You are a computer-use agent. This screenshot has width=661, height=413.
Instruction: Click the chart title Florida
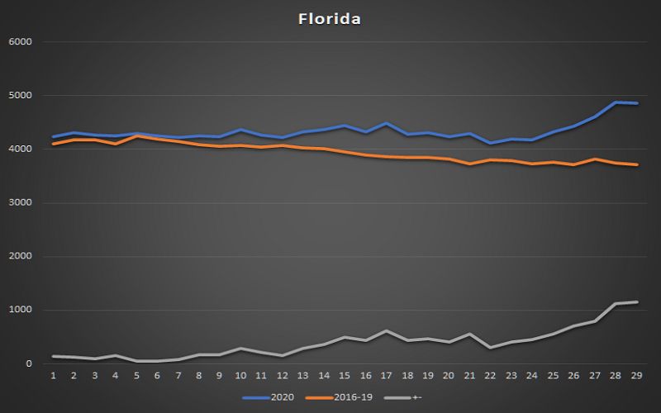[x=330, y=19]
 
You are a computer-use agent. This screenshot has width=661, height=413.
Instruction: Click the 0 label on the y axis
[x=29, y=364]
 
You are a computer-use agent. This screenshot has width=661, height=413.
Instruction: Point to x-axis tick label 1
[x=53, y=376]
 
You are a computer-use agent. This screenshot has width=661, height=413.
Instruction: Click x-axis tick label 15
[x=345, y=376]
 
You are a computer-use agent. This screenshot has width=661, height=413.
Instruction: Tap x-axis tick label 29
[x=636, y=376]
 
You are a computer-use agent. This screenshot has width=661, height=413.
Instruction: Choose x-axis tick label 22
[x=491, y=376]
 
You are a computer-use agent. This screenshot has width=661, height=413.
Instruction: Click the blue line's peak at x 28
[x=615, y=102]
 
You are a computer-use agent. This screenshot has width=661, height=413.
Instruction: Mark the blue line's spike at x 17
[x=386, y=123]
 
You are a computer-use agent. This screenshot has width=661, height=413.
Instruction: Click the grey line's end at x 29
[x=635, y=302]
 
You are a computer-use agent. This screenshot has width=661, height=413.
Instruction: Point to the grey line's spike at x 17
[x=386, y=330]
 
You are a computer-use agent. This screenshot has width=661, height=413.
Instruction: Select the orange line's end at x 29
[x=635, y=165]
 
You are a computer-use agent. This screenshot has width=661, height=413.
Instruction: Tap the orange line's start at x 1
[x=53, y=144]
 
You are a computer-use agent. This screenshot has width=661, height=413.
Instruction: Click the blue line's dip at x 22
[x=491, y=143]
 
